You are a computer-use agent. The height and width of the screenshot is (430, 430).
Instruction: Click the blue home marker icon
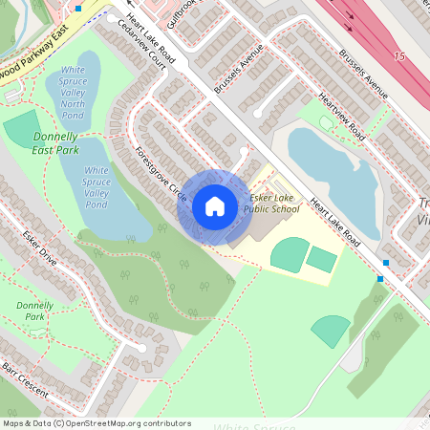tap(214, 205)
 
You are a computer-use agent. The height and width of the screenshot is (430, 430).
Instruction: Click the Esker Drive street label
tap(41, 247)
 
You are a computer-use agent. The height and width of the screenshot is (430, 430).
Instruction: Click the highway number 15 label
tap(398, 57)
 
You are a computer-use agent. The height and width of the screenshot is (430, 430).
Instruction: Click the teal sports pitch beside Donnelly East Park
tap(20, 129)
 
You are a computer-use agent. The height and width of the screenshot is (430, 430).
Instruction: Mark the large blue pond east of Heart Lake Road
tap(334, 173)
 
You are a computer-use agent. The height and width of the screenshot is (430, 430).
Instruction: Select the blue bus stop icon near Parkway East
tap(78, 8)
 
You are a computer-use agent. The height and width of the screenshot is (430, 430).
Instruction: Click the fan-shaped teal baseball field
tap(331, 331)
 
